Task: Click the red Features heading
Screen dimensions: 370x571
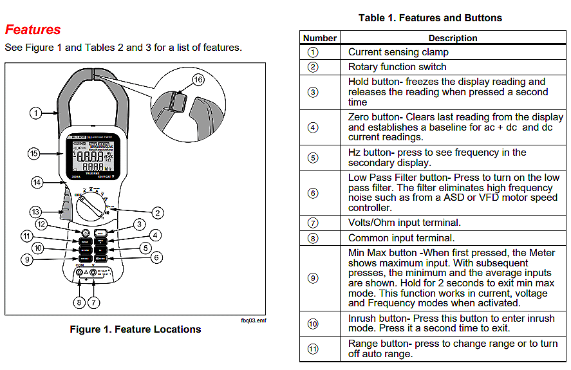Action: [x=33, y=30]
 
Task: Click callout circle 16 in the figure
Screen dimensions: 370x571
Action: [x=198, y=79]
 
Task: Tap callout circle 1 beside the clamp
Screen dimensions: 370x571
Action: [x=36, y=113]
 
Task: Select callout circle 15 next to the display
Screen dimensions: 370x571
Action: [x=35, y=153]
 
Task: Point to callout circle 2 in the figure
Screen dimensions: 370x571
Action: [x=156, y=213]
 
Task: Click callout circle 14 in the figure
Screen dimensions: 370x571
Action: [x=37, y=182]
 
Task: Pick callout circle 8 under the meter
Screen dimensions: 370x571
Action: [x=79, y=302]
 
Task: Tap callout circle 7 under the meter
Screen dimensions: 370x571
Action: [x=95, y=302]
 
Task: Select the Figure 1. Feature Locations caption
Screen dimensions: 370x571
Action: [x=135, y=329]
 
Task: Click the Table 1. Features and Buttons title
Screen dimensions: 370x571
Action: [x=430, y=18]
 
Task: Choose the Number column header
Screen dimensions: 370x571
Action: [x=320, y=38]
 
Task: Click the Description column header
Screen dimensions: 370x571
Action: [x=453, y=38]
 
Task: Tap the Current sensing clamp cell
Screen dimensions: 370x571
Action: [x=398, y=52]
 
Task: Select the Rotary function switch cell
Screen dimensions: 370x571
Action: [x=397, y=67]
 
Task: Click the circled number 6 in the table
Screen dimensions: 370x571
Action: [x=313, y=193]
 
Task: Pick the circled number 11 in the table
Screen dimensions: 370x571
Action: [x=313, y=349]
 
